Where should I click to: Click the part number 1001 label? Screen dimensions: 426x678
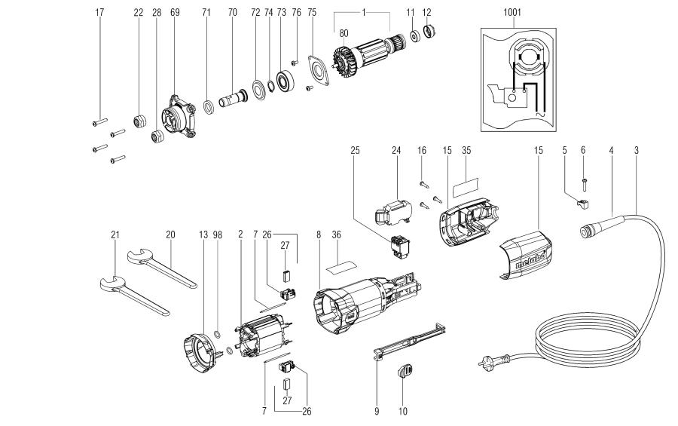pyautogui.click(x=514, y=13)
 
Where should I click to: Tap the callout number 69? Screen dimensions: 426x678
pyautogui.click(x=175, y=13)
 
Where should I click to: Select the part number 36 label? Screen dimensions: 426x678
pyautogui.click(x=337, y=235)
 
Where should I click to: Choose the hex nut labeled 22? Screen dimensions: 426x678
pyautogui.click(x=139, y=121)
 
